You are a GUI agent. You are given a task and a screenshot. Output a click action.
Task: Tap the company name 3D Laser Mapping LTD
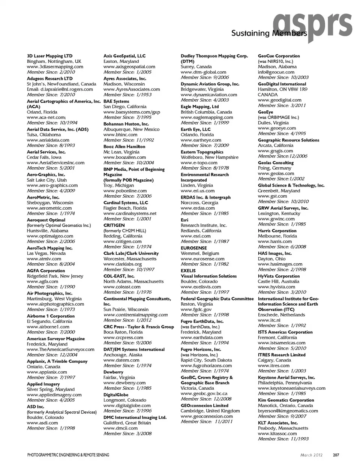pos(49,56)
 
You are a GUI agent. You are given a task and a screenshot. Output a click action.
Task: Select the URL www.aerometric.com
pos(49,208)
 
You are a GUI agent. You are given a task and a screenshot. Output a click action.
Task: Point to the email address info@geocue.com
pos(276,72)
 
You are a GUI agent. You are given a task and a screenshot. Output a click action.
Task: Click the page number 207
pos(336,455)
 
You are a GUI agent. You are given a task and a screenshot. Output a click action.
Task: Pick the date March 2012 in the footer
pos(311,455)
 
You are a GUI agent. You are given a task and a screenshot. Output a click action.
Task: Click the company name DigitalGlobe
pos(116,395)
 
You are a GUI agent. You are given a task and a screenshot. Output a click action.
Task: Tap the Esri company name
pos(184,220)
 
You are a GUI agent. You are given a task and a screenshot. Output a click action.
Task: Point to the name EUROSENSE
pos(193,248)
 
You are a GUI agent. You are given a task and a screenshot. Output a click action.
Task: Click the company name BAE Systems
pos(116,101)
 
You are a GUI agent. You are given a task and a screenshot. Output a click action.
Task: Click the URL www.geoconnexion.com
pos(207,416)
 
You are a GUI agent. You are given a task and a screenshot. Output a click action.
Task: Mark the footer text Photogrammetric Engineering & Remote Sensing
pos(68,455)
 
